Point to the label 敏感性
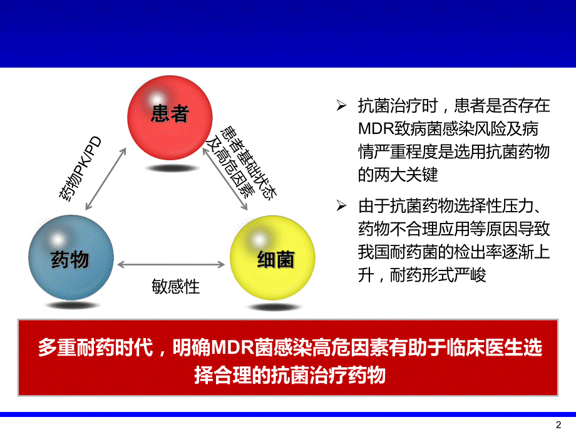pyautogui.click(x=176, y=287)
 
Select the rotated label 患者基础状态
pyautogui.click(x=248, y=160)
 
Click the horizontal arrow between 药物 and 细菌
pyautogui.click(x=172, y=264)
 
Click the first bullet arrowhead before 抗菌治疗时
pyautogui.click(x=341, y=106)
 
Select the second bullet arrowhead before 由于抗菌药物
pyautogui.click(x=341, y=205)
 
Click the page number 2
pyautogui.click(x=560, y=423)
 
